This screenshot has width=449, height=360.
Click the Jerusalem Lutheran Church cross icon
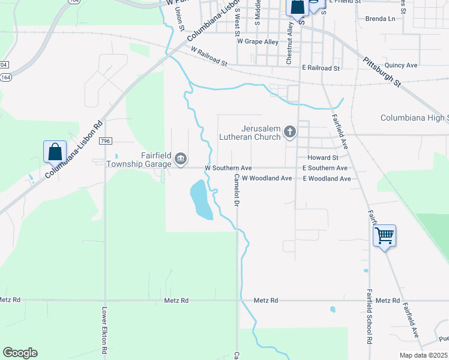tap(290, 131)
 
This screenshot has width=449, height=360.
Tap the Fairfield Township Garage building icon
tap(181, 159)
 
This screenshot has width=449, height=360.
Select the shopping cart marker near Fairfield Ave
tap(384, 235)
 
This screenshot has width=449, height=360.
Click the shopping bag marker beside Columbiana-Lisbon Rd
tap(55, 152)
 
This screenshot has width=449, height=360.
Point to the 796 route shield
tap(106, 141)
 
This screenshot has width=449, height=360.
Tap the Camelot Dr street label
tap(237, 190)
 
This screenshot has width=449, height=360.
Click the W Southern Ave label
tap(228, 168)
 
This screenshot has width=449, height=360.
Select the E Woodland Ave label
tap(327, 179)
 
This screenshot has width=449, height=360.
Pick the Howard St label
tap(319, 157)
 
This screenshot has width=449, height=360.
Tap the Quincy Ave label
tap(402, 65)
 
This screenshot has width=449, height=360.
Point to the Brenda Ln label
tap(381, 19)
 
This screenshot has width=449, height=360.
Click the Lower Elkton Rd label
tap(104, 329)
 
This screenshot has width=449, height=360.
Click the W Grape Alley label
tap(258, 41)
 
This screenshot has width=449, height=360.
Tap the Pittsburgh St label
tap(381, 72)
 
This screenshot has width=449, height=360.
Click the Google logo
tap(20, 353)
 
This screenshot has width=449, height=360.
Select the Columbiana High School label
tap(415, 118)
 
